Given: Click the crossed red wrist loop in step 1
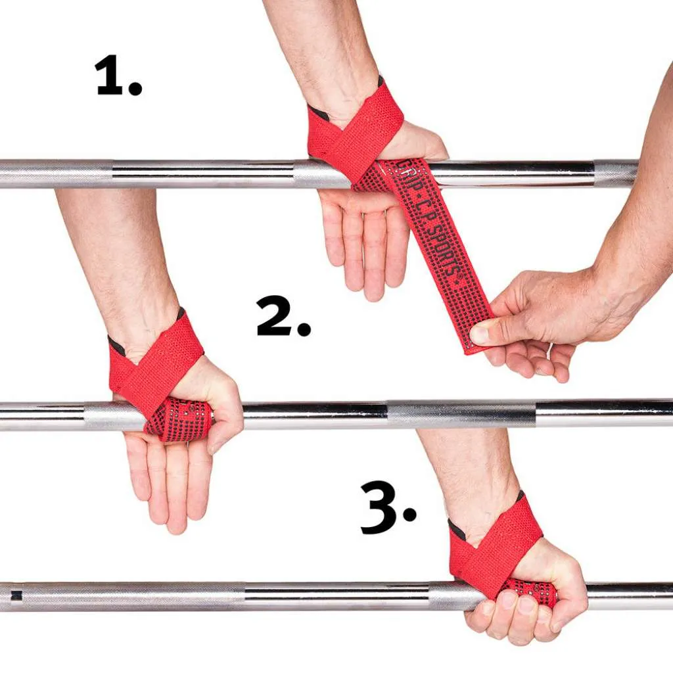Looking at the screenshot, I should point(352,131).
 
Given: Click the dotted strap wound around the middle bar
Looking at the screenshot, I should point(179,419).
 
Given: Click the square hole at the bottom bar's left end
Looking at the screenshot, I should point(16,595).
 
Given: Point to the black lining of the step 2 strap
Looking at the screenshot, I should point(116,345).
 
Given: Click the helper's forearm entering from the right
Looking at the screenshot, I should point(641,217).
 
